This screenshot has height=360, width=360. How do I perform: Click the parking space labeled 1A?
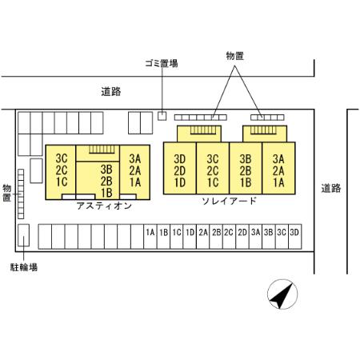coord(150,237)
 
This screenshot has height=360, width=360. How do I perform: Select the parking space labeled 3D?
coord(295,237)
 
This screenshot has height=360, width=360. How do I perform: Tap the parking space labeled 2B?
coord(216,237)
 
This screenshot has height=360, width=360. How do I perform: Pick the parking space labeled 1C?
coord(177,237)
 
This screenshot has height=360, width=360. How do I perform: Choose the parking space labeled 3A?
coord(255,237)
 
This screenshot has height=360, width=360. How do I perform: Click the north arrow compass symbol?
coord(282,294)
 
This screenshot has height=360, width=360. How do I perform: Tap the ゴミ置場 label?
coord(162,63)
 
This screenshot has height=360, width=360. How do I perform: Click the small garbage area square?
coord(162,116)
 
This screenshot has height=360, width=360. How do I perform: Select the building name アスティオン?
coord(104,206)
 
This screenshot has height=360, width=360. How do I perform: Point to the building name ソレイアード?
coord(229,201)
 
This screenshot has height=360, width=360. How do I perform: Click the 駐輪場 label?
coord(24,267)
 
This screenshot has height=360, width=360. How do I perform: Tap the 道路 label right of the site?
coord(331,188)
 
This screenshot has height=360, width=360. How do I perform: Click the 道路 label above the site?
coord(111,91)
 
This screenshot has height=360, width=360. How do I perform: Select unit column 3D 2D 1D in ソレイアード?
coord(180,168)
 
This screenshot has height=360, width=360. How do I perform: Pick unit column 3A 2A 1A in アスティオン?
coord(135,172)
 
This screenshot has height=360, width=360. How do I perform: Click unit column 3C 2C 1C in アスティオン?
coord(61,172)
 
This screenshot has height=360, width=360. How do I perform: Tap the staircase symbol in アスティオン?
coord(102,150)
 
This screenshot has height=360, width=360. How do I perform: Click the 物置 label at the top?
coord(234,56)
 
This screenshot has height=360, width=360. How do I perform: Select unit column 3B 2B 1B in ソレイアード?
coord(246,168)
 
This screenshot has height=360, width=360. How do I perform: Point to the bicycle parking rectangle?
coord(23,235)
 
